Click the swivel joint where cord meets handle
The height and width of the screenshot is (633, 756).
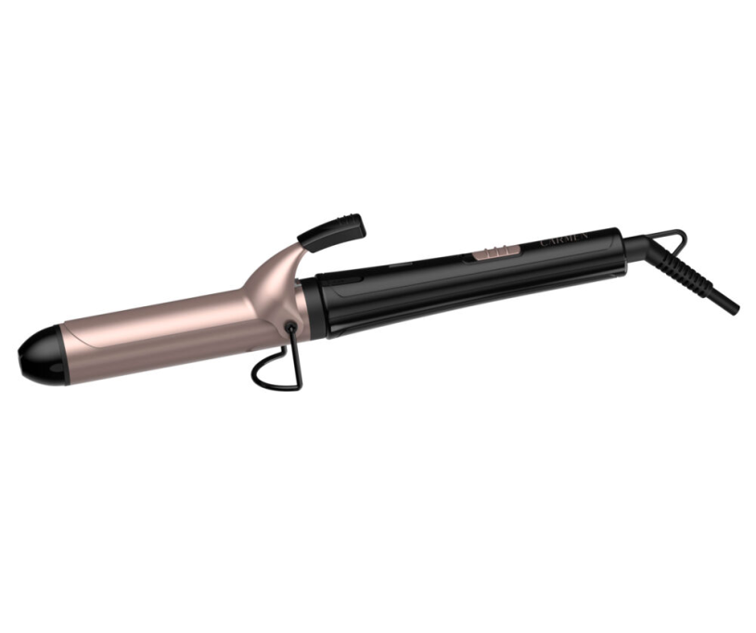pos(632,243)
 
